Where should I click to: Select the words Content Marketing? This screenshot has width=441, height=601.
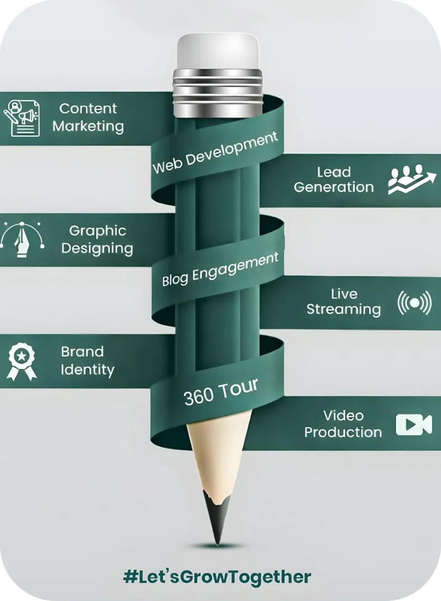[88, 117]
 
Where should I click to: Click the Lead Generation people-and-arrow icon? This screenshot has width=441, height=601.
[412, 180]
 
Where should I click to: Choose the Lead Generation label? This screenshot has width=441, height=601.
[334, 180]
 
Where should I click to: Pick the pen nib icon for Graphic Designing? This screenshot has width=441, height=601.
[23, 240]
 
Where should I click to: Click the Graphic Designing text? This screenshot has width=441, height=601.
[97, 240]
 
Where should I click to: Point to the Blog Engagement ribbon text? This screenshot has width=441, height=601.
[220, 269]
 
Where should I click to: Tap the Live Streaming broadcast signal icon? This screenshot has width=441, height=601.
[414, 302]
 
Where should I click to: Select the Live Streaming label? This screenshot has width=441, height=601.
[344, 302]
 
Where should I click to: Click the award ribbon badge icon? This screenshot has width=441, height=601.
[21, 361]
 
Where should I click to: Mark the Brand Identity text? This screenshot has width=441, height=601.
[87, 361]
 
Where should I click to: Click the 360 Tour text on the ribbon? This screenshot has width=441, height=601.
[221, 391]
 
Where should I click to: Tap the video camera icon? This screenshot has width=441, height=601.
[414, 425]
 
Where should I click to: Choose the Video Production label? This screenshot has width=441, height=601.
[343, 424]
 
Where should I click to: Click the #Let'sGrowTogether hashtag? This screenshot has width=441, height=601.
[217, 577]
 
